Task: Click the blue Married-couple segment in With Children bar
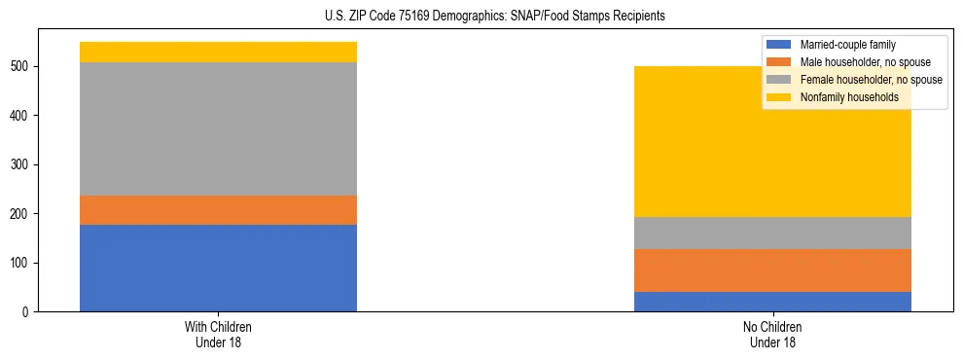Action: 218,268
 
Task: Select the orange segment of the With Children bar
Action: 218,210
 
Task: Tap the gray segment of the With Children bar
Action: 218,129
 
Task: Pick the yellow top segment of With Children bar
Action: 218,53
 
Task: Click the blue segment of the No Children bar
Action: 772,302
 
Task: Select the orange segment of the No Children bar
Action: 772,270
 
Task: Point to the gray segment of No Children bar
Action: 772,233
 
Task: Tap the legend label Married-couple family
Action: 846,45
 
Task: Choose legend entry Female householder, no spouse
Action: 869,80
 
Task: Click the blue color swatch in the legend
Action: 779,45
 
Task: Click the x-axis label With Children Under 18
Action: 218,334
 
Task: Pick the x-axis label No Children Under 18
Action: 772,334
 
